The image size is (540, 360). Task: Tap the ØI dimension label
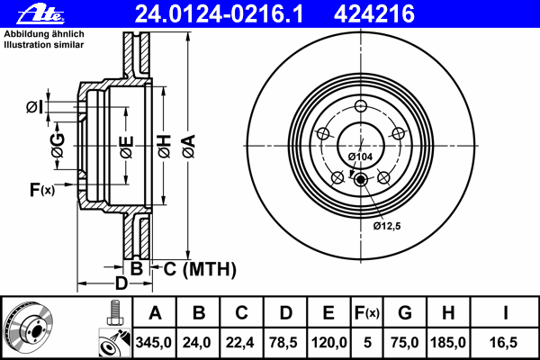(x=33, y=107)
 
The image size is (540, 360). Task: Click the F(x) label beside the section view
(x=41, y=189)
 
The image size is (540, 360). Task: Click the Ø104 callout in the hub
(x=360, y=157)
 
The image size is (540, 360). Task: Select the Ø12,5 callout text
(x=387, y=225)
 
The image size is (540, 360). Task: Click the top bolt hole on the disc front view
(x=361, y=106)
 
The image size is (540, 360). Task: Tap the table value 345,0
(x=154, y=343)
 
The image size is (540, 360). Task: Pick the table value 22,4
(x=240, y=343)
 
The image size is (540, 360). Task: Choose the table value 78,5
(x=284, y=343)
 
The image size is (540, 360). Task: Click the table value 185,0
(x=448, y=343)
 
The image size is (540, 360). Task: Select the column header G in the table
(x=405, y=313)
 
